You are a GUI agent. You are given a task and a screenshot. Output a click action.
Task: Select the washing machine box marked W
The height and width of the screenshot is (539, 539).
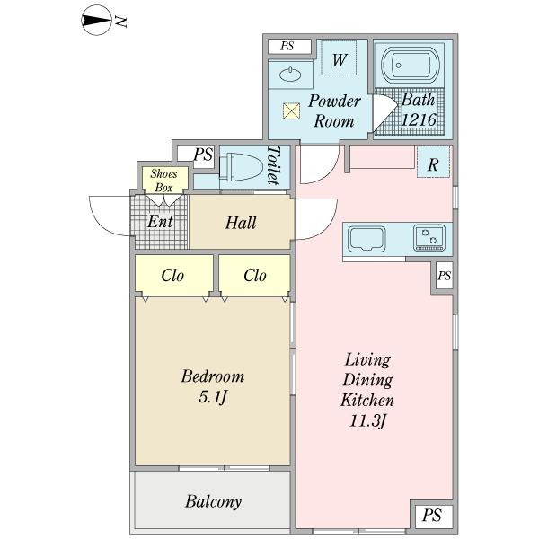coord(340,61)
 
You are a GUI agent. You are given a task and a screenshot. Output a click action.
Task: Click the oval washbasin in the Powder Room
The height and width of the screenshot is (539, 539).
coord(291,75)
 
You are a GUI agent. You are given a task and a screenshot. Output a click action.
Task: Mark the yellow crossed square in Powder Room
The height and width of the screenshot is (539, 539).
coord(291,111)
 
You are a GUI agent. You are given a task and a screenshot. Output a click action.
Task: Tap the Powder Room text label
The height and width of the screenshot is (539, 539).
coord(334,110)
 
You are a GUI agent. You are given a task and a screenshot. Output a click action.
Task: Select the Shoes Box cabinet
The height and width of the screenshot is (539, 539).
coord(163,180)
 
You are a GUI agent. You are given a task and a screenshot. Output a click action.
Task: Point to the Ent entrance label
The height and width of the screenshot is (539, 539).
coord(161,222)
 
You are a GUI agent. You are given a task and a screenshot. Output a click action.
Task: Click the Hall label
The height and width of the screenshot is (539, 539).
coord(241,222)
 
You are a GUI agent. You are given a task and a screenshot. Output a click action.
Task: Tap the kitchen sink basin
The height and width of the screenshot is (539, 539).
coord(367,239)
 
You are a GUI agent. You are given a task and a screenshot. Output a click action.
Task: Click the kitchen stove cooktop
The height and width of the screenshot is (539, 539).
coord(428,238)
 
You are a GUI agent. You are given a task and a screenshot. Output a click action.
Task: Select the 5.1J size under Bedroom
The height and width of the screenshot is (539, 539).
coord(213,396)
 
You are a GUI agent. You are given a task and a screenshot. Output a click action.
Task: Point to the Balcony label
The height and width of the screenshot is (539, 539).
coord(213,501)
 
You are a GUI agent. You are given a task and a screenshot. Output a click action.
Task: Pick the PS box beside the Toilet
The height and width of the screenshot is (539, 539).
coord(202,155)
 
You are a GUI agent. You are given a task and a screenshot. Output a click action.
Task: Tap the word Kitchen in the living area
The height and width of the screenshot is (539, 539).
coord(368,399)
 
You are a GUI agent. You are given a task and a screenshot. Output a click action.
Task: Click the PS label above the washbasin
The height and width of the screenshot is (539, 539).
coord(287,46)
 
